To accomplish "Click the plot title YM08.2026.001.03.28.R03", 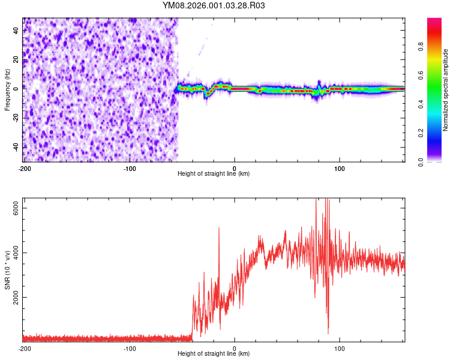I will pos(214,5).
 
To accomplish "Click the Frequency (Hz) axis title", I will pos(7,90).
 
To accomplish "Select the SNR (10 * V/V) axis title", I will pos(7,270).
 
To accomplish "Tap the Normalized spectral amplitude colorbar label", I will pos(445,90).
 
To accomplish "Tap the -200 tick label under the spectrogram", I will pos(24,167).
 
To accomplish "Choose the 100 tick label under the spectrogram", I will pos(340,167).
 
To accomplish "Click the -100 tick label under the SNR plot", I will pos(130,347).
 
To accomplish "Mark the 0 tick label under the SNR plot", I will pos(235,347).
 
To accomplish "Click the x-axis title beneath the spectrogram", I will pos(214,174).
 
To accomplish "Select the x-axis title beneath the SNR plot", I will pos(214,354).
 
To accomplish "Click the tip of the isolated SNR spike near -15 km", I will pos(219,227).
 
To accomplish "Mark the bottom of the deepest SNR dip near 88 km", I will pos(328,333).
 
